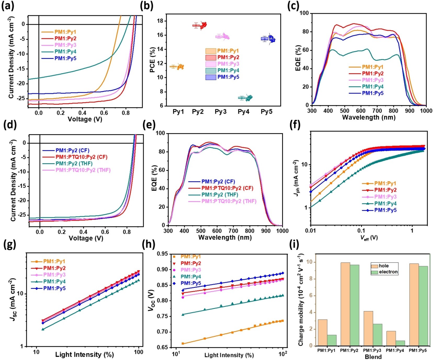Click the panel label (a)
pos(8,6)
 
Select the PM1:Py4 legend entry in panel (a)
pos(65,52)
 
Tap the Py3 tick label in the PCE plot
pos(221,112)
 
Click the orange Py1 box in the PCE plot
pos(173,67)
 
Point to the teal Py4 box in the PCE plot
pos(242,98)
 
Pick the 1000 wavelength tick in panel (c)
pos(426,111)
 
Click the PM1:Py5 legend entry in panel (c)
pos(372,93)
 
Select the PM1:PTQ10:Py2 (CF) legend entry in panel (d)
pos(81,157)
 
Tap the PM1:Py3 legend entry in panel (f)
pos(385,197)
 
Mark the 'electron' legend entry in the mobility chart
pos(388,272)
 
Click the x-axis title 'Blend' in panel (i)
pos(373,357)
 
